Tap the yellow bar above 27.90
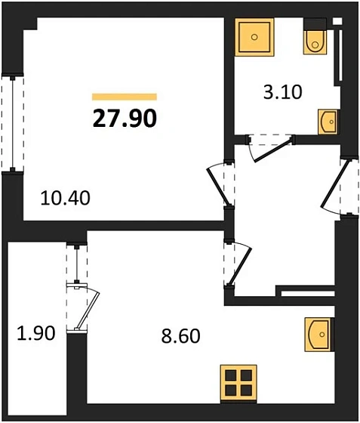124,97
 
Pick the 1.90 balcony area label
35,333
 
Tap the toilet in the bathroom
314,42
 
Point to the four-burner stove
238,382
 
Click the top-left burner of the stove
231,375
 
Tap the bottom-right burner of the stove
246,391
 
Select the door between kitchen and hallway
235,264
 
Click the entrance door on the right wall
337,184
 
